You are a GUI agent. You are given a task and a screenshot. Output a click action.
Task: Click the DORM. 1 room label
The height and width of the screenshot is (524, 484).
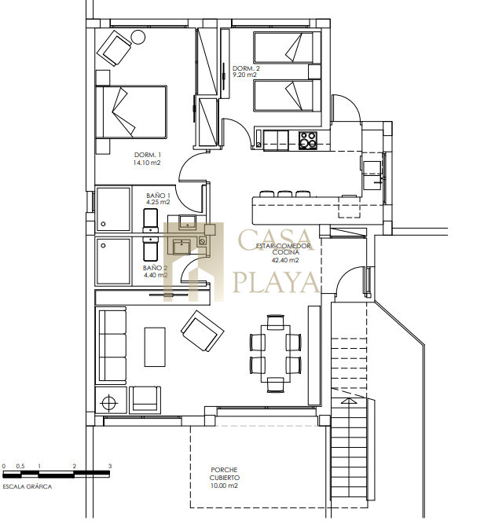tap(148, 155)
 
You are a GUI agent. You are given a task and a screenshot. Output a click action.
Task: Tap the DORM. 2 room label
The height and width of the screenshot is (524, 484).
tap(246, 68)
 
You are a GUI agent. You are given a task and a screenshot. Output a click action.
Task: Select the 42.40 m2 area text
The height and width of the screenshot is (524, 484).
tap(285, 260)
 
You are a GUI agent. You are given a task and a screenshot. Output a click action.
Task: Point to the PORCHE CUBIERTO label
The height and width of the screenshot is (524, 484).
tap(225, 474)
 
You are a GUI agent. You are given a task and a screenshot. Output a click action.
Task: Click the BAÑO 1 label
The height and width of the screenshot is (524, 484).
tap(159, 196)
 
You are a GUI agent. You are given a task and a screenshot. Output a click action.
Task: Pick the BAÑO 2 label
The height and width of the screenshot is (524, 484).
tap(155, 268)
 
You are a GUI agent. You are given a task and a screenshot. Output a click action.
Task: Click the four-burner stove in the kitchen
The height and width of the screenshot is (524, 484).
tap(307, 140)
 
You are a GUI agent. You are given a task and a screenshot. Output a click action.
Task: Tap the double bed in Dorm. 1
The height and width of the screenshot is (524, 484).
tap(131, 112)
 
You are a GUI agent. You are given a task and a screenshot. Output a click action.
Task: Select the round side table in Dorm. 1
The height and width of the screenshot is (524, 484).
tap(137, 37)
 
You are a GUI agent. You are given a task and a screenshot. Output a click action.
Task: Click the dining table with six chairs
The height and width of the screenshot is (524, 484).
tap(276, 353)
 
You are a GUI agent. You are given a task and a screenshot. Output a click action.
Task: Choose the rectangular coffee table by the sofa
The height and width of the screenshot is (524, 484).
tap(155, 347)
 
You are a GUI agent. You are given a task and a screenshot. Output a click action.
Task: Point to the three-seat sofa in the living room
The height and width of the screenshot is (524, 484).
tap(111, 346)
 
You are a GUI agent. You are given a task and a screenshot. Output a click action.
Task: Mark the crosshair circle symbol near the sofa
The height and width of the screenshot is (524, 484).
tap(109, 402)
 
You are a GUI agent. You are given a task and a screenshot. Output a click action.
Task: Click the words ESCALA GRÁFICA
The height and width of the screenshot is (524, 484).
tap(27, 486)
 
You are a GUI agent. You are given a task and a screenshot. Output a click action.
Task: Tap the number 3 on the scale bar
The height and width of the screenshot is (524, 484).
tap(110, 466)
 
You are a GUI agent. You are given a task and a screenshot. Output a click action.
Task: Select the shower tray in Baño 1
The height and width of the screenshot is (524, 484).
tap(113, 209)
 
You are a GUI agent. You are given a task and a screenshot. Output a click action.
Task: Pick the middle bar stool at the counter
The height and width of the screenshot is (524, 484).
tap(284, 193)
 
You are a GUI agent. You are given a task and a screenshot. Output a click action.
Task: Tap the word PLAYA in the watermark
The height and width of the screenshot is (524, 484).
tap(276, 282)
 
